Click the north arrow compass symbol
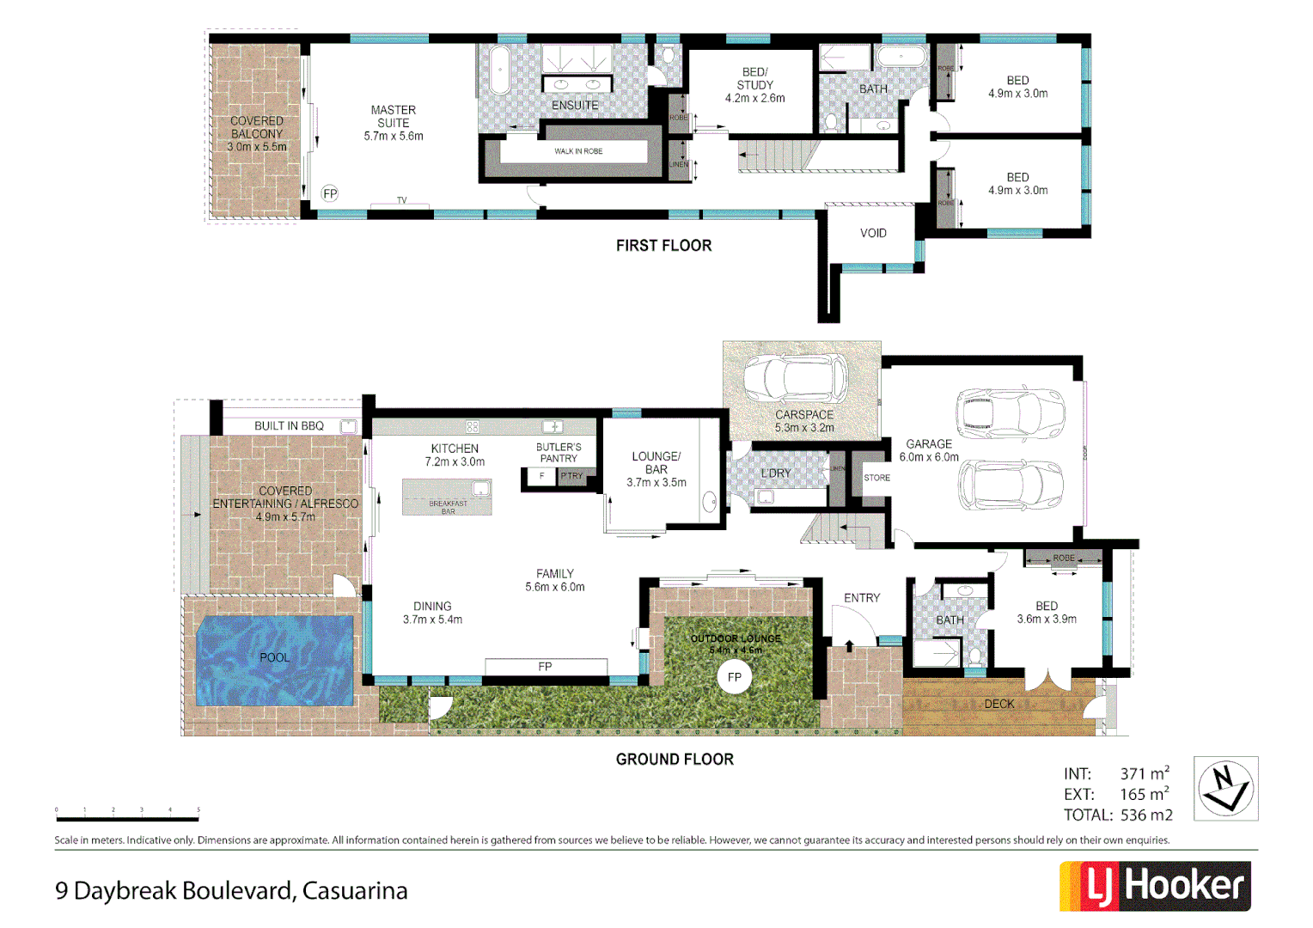pyautogui.click(x=1225, y=788)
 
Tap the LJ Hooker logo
pyautogui.click(x=1155, y=885)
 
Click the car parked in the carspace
pyautogui.click(x=795, y=378)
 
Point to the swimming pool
pyautogui.click(x=275, y=659)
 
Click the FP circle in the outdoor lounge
pyautogui.click(x=734, y=677)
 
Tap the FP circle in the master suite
pyautogui.click(x=330, y=193)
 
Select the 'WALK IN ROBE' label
pyautogui.click(x=578, y=151)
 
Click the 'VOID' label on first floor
pyautogui.click(x=873, y=233)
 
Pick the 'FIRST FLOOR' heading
pyautogui.click(x=663, y=246)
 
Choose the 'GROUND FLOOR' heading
pyautogui.click(x=675, y=760)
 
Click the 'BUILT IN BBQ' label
pyautogui.click(x=289, y=426)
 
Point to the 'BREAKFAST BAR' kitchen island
pyautogui.click(x=448, y=498)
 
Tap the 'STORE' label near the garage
pyautogui.click(x=876, y=478)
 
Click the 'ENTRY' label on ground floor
pyautogui.click(x=862, y=598)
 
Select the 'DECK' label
pyautogui.click(x=999, y=704)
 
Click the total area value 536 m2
pyautogui.click(x=1146, y=815)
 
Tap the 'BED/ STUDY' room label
pyautogui.click(x=754, y=85)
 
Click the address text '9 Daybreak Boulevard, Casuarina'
pyautogui.click(x=231, y=891)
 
